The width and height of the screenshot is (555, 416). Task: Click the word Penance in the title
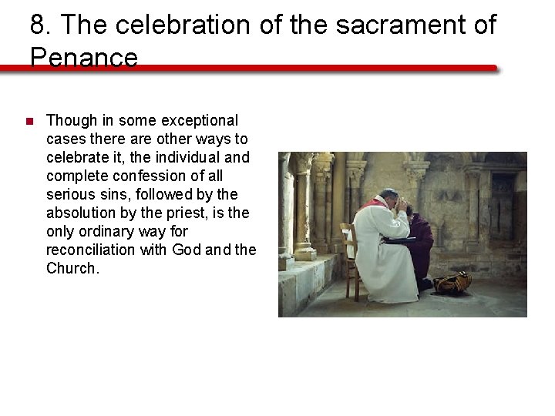point(84,58)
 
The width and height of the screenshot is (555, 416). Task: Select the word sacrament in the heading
point(382,25)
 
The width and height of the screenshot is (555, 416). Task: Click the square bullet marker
point(29,121)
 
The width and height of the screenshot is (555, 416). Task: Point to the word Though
point(72,120)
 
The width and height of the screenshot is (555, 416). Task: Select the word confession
point(144,176)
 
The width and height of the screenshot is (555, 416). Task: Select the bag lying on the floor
point(452,283)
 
